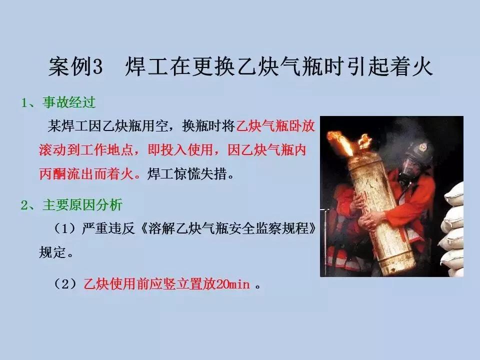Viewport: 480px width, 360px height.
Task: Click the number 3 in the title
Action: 97,66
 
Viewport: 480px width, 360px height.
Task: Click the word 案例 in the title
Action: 70,66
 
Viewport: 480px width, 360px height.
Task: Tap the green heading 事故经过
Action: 69,102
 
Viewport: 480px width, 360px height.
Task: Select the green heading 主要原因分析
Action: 82,205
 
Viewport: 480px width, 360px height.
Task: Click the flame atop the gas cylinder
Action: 346,143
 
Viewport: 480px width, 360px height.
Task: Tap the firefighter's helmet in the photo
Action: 418,151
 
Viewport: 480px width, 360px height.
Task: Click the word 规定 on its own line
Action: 52,252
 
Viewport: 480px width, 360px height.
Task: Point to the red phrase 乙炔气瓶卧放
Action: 275,126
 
